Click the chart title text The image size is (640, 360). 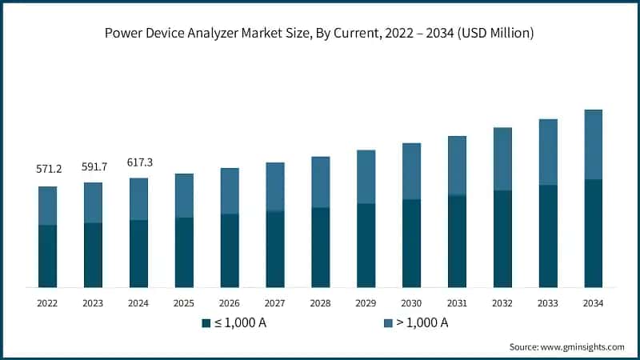(320, 34)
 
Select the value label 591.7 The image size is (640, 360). (93, 166)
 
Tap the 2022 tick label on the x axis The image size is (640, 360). (47, 304)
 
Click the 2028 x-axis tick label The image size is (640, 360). (320, 304)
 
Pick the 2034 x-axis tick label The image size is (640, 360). (593, 304)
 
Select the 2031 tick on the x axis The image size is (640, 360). (457, 304)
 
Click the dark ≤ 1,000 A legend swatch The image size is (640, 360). (207, 323)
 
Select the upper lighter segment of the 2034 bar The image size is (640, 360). (593, 144)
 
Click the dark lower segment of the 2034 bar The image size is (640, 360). (593, 233)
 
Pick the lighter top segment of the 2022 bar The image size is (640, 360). (47, 206)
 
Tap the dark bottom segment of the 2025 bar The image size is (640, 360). (184, 252)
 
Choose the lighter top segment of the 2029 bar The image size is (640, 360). (366, 177)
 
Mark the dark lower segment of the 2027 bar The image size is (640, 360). (274, 249)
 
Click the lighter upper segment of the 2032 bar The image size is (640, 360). (502, 158)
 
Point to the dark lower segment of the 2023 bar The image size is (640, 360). (93, 254)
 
